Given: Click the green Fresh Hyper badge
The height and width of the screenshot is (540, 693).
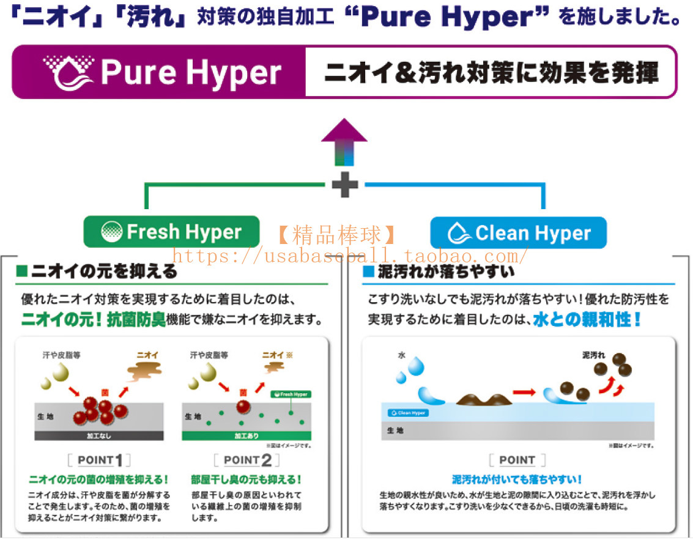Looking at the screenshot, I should point(171,232).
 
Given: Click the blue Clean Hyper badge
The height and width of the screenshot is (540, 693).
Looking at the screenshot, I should point(518,233).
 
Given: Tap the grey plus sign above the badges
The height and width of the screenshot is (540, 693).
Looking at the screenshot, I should point(345,185).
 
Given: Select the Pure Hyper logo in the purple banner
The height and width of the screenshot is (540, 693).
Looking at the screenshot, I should point(162,72).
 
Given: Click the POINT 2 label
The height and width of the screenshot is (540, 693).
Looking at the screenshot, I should point(246,460).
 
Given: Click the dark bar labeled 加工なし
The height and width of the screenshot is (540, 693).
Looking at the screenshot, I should point(98,437).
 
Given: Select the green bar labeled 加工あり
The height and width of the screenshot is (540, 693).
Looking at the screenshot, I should point(246,437).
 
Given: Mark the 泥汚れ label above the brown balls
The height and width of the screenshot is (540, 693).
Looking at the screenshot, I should point(593,355).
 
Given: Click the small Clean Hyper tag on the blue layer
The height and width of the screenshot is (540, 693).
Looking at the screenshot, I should point(408,413).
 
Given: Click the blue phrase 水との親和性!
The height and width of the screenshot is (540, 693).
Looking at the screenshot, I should point(586,319).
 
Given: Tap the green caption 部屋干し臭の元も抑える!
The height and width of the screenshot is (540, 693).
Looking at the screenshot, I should point(246,480).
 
